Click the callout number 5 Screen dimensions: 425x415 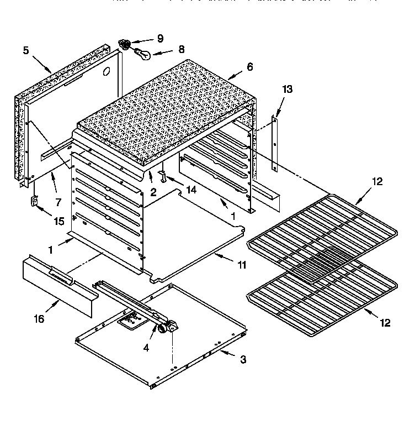[x=26, y=50]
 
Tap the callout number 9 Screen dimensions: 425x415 [x=159, y=39]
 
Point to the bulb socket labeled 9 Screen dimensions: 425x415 [x=125, y=44]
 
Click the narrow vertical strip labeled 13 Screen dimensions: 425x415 [x=275, y=144]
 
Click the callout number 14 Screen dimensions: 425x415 [x=191, y=188]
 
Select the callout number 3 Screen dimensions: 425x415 [x=243, y=360]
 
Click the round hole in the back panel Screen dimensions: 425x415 [x=107, y=71]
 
